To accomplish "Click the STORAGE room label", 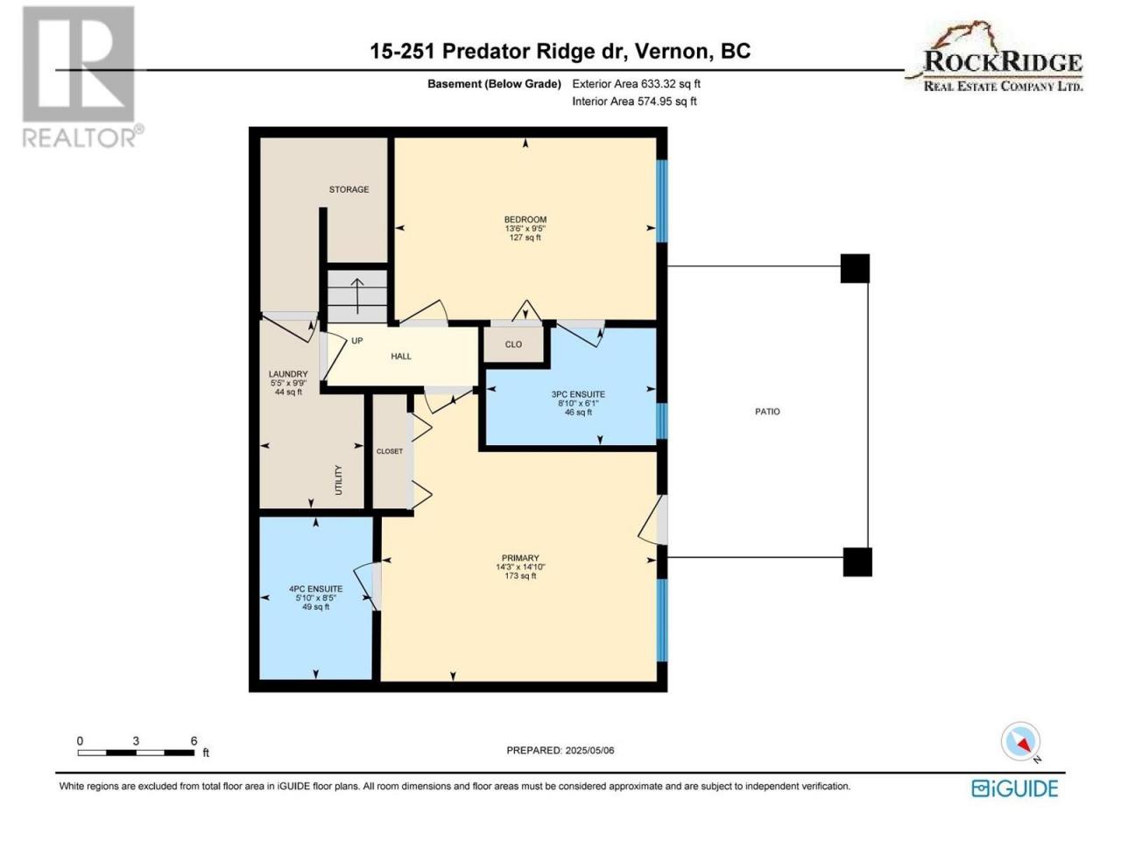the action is tap(349, 189).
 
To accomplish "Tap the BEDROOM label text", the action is tap(525, 220).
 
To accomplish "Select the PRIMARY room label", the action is tap(520, 558).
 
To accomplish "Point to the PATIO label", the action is tap(767, 412).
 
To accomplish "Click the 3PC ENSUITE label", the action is tap(578, 394).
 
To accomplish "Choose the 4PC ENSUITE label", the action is tap(315, 589).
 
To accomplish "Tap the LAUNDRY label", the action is tap(288, 374).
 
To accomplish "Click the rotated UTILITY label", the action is tap(339, 480).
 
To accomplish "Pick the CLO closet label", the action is tap(513, 344).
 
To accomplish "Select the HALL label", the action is tap(401, 357).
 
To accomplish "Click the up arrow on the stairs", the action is tap(357, 296).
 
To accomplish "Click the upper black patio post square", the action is tap(855, 269).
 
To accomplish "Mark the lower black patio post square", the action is tap(857, 562).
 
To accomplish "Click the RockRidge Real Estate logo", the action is tap(994, 56).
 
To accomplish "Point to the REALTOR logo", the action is tap(81, 76).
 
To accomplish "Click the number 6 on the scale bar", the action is tap(194, 741).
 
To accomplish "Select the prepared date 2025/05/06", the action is tap(589, 751).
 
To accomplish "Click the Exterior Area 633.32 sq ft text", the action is tap(637, 84).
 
